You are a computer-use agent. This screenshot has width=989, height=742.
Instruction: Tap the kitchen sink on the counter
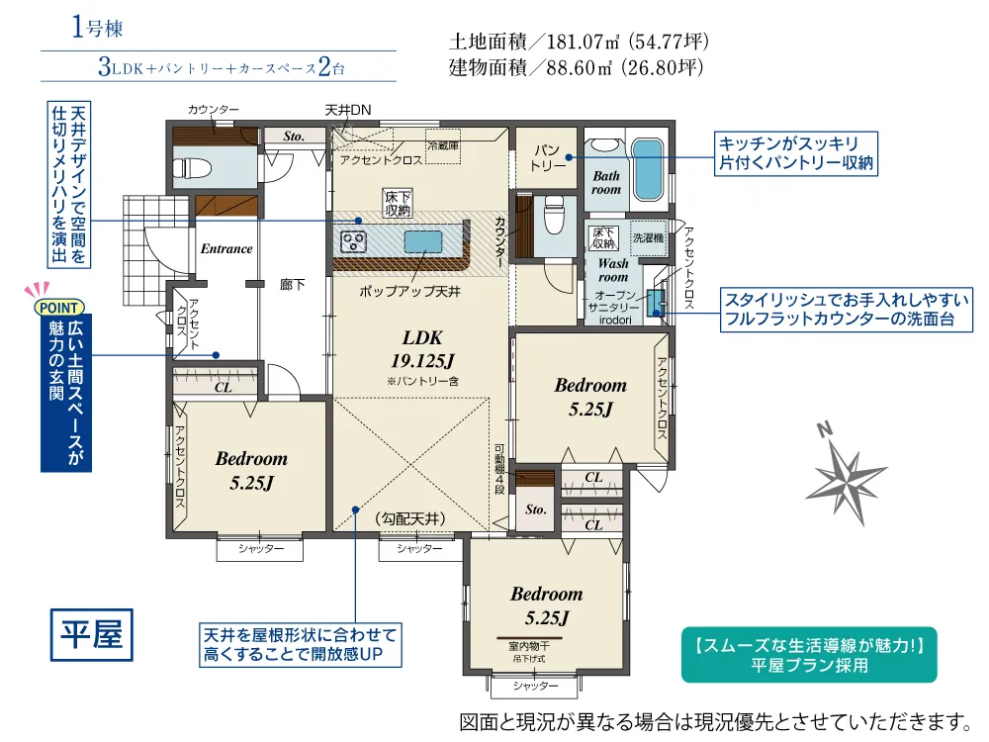click(x=422, y=241)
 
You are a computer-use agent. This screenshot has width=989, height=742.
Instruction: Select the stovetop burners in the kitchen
click(x=353, y=241)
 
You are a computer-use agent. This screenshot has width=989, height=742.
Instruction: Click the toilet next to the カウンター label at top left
click(x=188, y=168)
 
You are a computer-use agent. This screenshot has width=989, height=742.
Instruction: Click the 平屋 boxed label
click(x=91, y=634)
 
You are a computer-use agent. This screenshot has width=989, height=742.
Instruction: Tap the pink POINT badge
click(x=58, y=308)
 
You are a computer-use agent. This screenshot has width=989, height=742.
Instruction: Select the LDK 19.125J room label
click(x=422, y=349)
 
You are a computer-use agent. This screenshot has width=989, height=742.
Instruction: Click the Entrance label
click(x=226, y=248)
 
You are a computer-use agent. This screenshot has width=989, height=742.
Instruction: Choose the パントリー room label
click(x=547, y=157)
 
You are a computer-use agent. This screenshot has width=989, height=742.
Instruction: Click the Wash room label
click(x=613, y=270)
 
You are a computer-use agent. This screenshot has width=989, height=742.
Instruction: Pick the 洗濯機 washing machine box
click(x=649, y=237)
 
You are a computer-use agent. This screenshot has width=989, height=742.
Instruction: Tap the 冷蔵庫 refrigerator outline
click(x=443, y=145)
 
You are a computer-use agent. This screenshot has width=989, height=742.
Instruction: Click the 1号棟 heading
click(x=97, y=28)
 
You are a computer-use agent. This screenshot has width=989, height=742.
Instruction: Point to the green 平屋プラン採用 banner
click(x=809, y=655)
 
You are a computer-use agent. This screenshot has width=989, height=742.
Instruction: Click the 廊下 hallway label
click(x=292, y=285)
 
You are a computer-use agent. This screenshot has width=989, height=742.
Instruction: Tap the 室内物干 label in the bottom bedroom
click(x=528, y=646)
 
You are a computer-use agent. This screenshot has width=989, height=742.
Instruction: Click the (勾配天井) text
click(x=410, y=518)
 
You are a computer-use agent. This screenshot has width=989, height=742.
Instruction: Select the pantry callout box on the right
click(x=796, y=153)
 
